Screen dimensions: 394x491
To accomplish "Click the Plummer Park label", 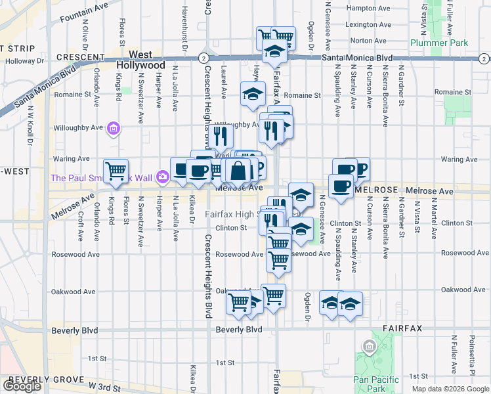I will [x=439, y=43].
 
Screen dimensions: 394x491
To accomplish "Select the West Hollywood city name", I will [x=141, y=60].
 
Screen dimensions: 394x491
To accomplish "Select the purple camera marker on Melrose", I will [x=162, y=175].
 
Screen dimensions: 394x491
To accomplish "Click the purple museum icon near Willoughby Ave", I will [x=114, y=127].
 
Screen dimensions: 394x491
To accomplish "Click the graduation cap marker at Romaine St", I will [x=251, y=94].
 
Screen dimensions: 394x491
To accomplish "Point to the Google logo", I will [x=22, y=386].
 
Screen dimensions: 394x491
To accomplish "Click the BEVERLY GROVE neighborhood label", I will [x=46, y=380].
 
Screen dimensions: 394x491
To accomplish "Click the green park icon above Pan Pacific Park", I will [x=368, y=345].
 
